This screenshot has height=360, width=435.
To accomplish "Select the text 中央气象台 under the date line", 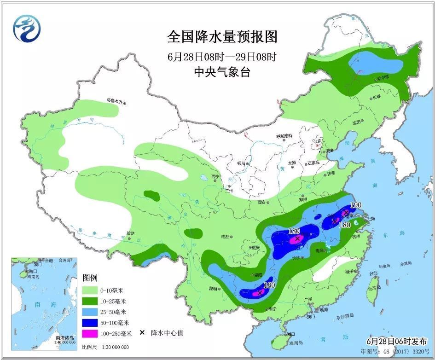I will click(222, 72).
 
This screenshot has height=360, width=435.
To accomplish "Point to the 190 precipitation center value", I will click(356, 205).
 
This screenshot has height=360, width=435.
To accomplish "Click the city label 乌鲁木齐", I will click(115, 101).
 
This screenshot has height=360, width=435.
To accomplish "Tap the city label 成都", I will click(225, 237).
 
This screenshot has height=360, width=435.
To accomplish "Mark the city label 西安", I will click(262, 202).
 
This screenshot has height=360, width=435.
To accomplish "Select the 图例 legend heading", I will click(90, 278).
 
